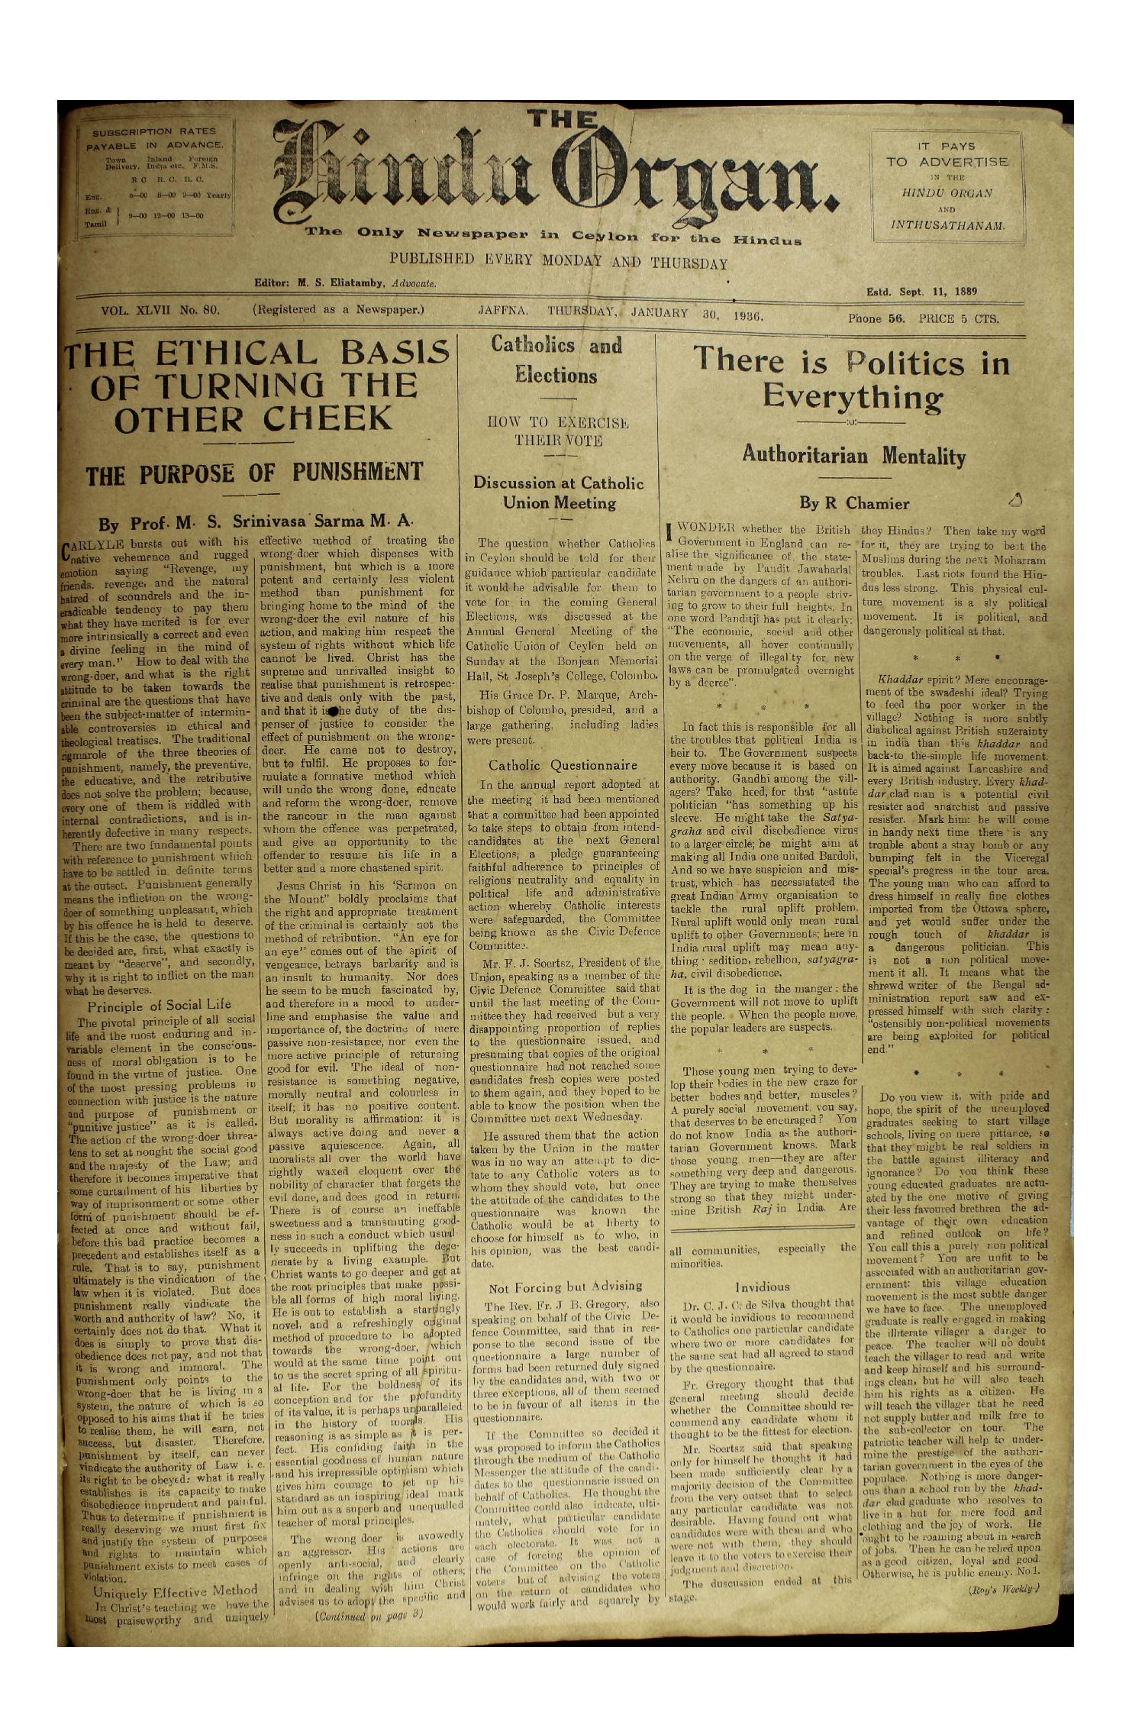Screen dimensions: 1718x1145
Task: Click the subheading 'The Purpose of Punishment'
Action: pyautogui.click(x=253, y=473)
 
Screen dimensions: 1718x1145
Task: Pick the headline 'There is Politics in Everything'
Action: pyautogui.click(x=852, y=379)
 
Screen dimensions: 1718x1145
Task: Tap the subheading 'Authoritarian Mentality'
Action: pyautogui.click(x=853, y=457)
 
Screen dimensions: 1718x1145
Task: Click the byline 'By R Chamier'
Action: pyautogui.click(x=853, y=504)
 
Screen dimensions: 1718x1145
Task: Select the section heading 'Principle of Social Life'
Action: pyautogui.click(x=159, y=1004)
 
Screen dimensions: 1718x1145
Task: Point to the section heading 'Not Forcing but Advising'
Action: pyautogui.click(x=565, y=1287)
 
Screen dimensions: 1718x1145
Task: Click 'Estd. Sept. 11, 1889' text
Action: pyautogui.click(x=922, y=292)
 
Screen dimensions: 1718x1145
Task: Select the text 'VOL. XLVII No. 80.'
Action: pyautogui.click(x=160, y=310)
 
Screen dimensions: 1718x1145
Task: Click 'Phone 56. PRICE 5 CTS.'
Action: pyautogui.click(x=923, y=319)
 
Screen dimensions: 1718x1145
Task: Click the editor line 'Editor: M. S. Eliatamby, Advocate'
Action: pyautogui.click(x=345, y=283)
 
